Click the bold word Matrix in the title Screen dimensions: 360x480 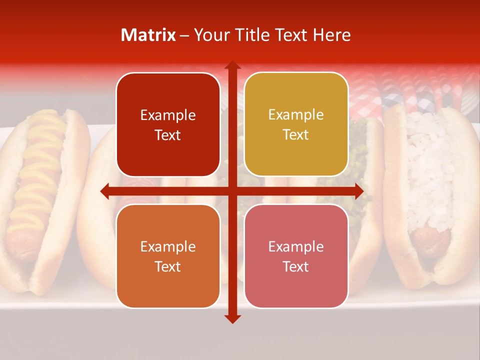(x=148, y=35)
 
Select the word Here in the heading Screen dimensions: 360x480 (x=332, y=35)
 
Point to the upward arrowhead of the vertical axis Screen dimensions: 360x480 (x=232, y=65)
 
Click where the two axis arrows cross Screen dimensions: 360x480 (x=232, y=191)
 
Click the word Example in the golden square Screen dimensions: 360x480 (x=296, y=115)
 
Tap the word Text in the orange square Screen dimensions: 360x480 (x=168, y=267)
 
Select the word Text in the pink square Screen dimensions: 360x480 (x=296, y=267)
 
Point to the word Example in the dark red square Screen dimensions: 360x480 (x=168, y=115)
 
